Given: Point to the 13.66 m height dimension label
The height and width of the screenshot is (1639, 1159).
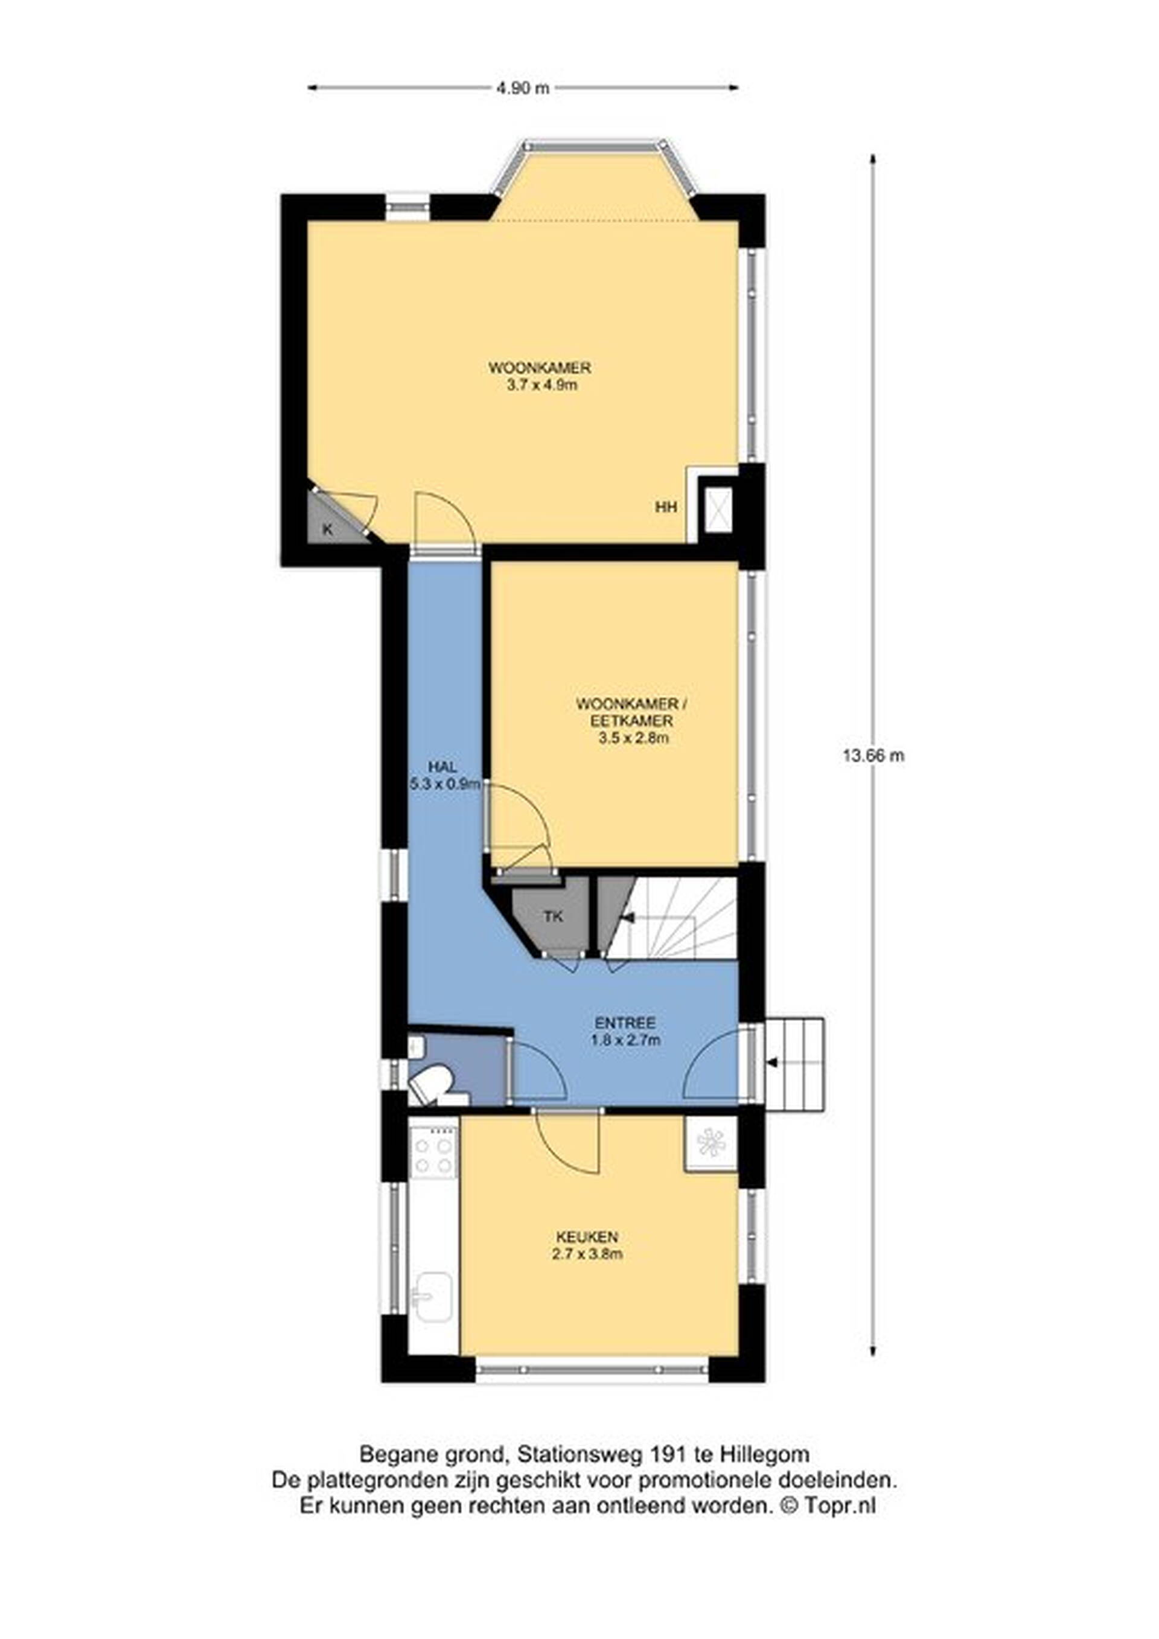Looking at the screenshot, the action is [873, 755].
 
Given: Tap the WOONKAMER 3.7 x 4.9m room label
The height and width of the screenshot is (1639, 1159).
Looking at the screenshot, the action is [540, 377].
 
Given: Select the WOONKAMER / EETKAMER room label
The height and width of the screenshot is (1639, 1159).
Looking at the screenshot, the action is [634, 721].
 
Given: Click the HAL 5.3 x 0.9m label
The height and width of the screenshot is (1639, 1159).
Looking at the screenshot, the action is [442, 775].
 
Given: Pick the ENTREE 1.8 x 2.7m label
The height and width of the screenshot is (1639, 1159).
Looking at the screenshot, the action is [626, 1031].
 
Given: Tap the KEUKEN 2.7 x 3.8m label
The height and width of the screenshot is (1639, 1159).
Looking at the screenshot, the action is [587, 1245].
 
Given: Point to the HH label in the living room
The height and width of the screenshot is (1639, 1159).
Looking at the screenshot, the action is [666, 508].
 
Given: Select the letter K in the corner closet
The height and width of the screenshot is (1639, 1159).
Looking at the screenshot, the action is [328, 529].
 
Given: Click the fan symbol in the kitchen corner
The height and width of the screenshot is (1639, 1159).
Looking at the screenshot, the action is [712, 1143].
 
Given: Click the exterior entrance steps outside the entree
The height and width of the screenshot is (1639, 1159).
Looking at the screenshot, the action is [794, 1064].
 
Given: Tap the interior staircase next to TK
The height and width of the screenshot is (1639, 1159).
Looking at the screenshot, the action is [680, 918].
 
